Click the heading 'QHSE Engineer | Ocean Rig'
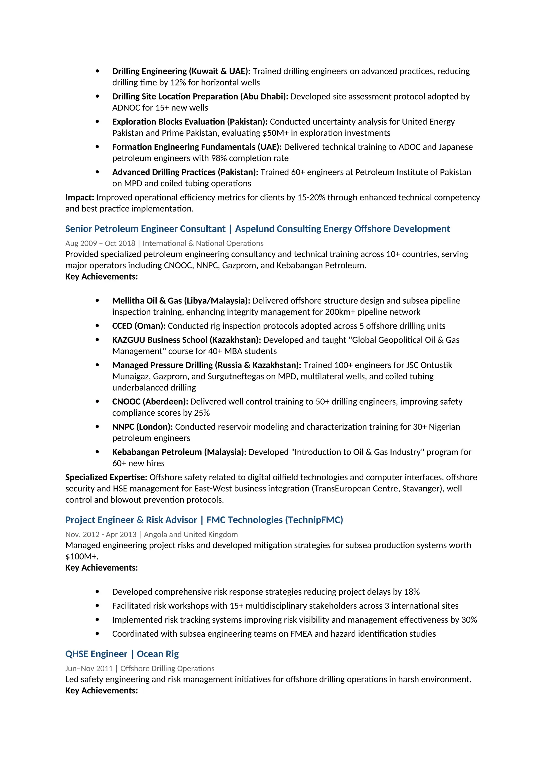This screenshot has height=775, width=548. (x=122, y=654)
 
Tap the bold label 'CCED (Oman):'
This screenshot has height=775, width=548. (x=139, y=326)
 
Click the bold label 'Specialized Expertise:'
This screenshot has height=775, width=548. (x=106, y=477)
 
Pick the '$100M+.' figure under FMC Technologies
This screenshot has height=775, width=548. (x=82, y=556)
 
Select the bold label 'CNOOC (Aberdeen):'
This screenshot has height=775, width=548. (x=150, y=402)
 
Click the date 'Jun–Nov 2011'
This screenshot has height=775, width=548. (x=89, y=668)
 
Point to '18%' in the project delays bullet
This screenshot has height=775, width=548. (x=412, y=592)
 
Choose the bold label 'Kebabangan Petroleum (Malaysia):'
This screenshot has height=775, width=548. (x=179, y=452)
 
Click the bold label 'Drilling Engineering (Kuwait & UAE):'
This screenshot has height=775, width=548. (x=181, y=71)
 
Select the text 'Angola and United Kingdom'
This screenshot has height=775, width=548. (x=191, y=534)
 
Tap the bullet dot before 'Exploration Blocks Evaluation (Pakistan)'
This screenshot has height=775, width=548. (x=97, y=121)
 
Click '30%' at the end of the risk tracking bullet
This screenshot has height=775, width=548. (x=469, y=620)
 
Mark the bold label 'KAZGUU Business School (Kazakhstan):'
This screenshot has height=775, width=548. (x=187, y=340)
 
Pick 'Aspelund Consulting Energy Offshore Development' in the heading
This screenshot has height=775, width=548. (x=342, y=229)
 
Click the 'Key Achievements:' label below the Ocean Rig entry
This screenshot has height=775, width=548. (x=102, y=691)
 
